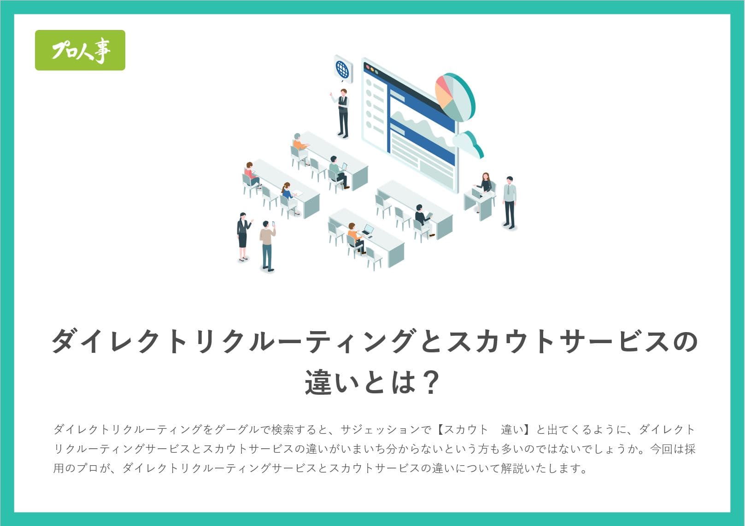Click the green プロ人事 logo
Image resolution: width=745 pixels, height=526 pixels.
click(x=80, y=50)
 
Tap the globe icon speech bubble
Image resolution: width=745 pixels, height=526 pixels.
click(x=343, y=69)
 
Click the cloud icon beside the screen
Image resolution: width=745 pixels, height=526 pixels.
click(x=468, y=144)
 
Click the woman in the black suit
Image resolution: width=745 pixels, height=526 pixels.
click(x=243, y=237)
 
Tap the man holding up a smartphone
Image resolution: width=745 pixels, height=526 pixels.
click(x=267, y=246)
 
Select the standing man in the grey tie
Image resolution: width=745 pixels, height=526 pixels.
click(x=510, y=203)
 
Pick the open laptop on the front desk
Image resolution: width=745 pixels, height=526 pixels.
click(x=368, y=230)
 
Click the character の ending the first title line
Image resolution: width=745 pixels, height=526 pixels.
click(x=685, y=341)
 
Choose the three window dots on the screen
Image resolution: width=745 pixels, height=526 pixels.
click(x=372, y=69)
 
